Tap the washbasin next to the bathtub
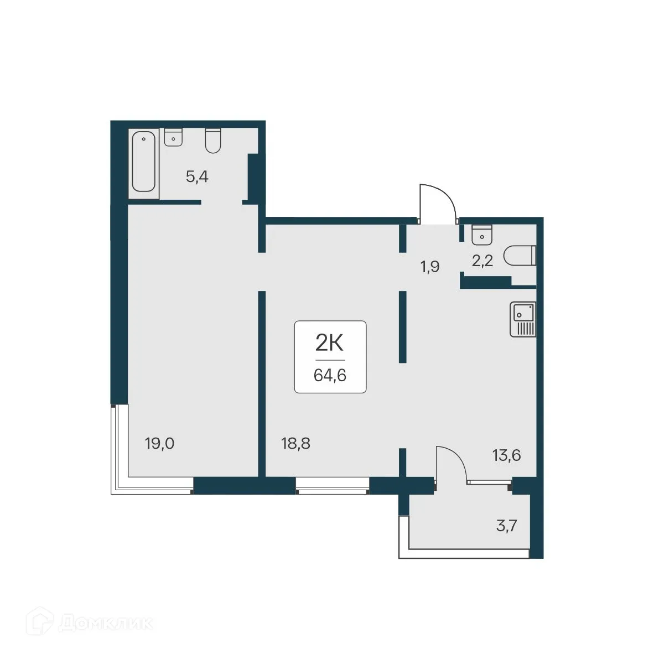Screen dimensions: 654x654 click(173, 137)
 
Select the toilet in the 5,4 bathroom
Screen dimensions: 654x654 click(213, 141)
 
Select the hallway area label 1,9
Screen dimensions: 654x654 click(430, 267)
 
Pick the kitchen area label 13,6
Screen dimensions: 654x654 click(506, 456)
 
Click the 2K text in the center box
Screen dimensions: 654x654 click(330, 344)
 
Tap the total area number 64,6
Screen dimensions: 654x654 click(330, 376)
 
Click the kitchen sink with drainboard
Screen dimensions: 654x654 click(523, 319)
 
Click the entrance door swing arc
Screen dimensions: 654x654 click(438, 202)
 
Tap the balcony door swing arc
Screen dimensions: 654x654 click(451, 463)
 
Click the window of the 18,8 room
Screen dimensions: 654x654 click(332, 485)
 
